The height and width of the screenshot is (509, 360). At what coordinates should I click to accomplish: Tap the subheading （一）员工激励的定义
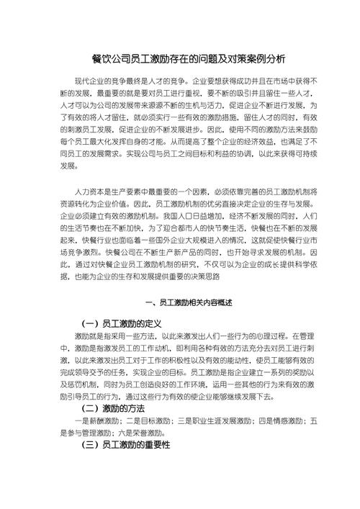click(125, 324)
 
